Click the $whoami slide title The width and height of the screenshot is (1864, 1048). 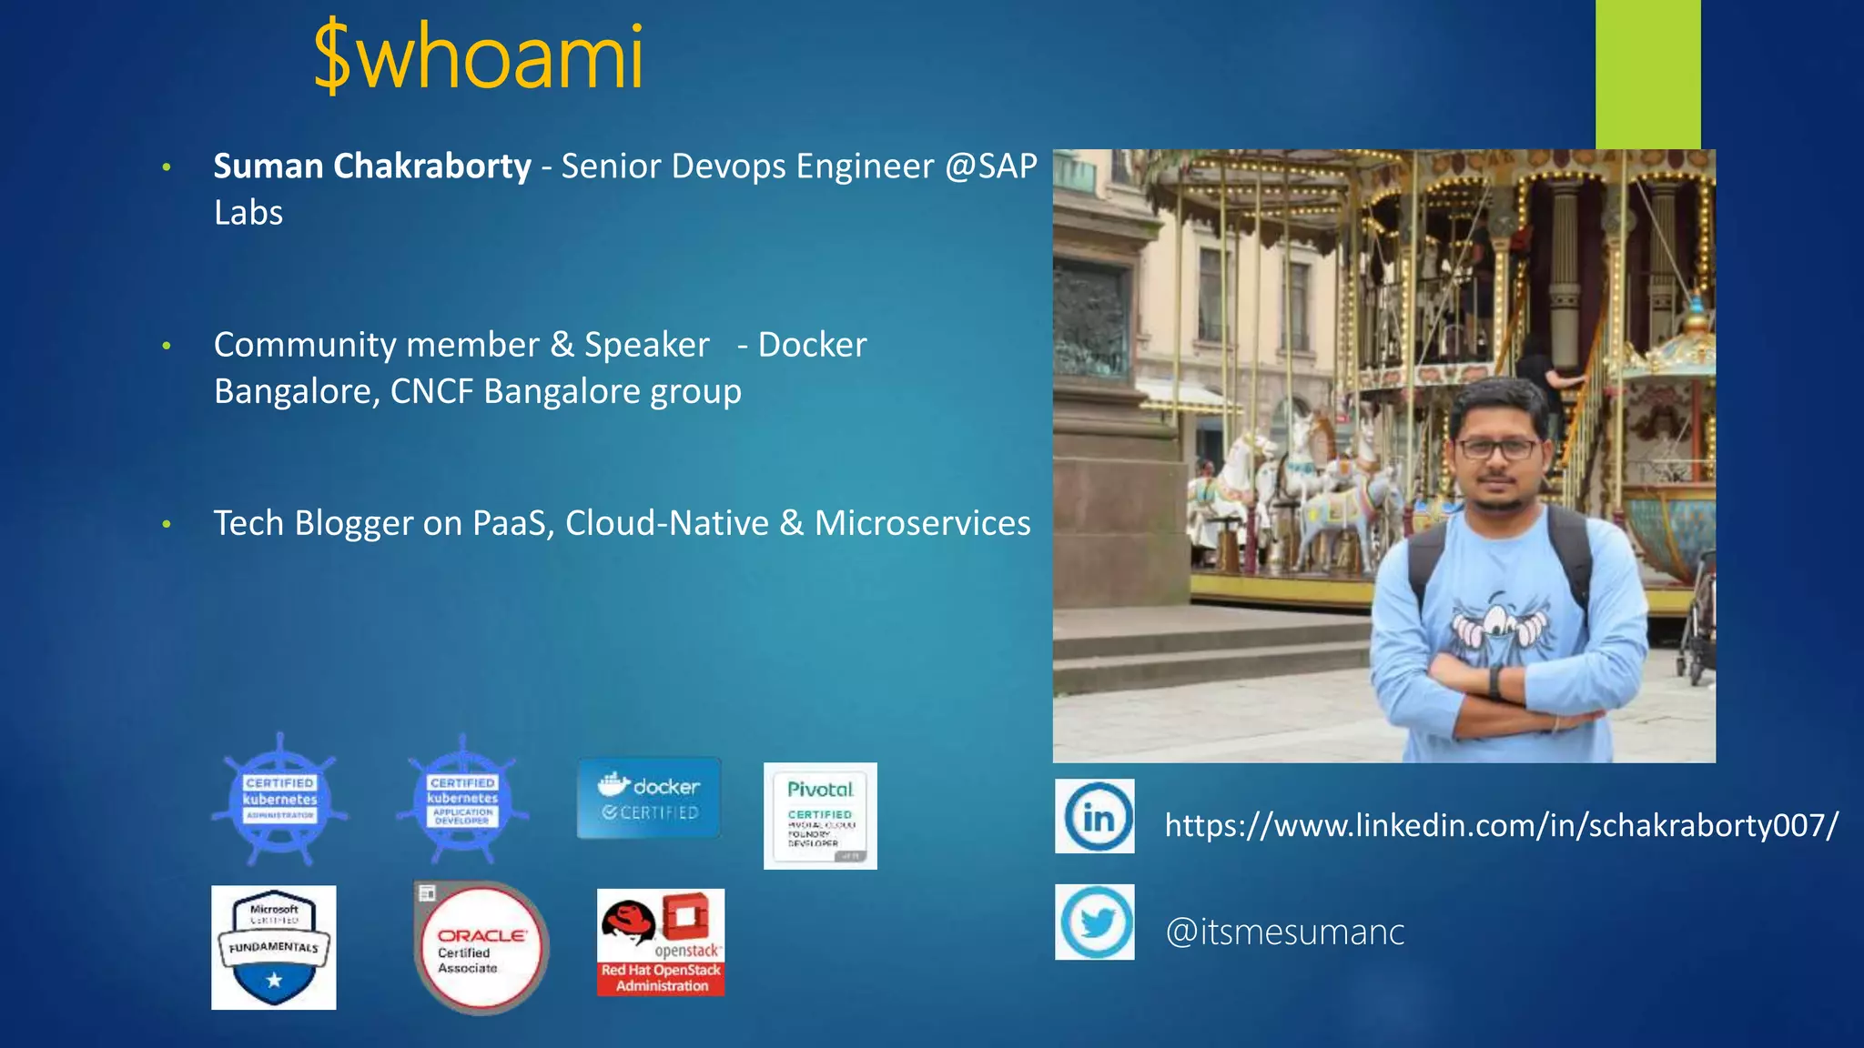click(x=479, y=56)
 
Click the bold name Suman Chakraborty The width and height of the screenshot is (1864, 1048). click(x=371, y=166)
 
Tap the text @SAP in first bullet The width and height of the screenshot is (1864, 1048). click(x=991, y=166)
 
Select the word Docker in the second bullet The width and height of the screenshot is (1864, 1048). click(x=812, y=345)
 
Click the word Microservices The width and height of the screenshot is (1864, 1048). click(x=922, y=523)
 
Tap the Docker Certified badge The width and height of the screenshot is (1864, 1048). click(x=649, y=798)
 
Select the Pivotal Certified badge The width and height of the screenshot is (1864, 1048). click(x=820, y=815)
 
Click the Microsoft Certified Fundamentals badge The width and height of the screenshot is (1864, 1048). click(x=274, y=947)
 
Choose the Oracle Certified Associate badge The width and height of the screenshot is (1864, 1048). click(x=481, y=949)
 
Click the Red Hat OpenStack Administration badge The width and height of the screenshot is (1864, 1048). click(x=661, y=942)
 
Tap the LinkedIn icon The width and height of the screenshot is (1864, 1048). click(x=1095, y=816)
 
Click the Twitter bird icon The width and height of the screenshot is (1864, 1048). click(x=1095, y=922)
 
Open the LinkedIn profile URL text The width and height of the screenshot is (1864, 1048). click(x=1501, y=825)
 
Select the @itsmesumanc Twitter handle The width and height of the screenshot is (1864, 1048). click(x=1284, y=932)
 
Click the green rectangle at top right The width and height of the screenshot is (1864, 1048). click(x=1647, y=74)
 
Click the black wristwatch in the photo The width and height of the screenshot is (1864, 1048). click(x=1496, y=681)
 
